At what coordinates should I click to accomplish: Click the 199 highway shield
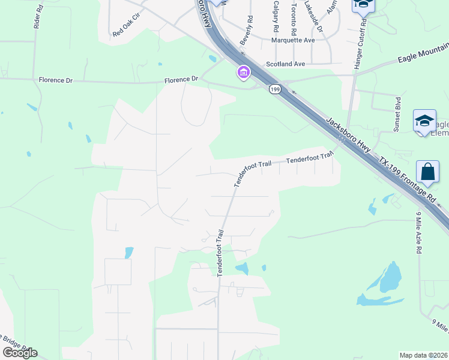[x=275, y=89]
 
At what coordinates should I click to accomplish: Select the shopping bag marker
[x=429, y=172]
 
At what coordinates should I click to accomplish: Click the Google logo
[x=19, y=353]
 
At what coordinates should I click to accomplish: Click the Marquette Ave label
[x=293, y=41]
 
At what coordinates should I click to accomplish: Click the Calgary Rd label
[x=276, y=16]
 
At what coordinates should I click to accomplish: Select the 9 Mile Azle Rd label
[x=418, y=232]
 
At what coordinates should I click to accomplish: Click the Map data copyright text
[x=423, y=355]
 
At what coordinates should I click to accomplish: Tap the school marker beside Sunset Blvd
[x=424, y=122]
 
